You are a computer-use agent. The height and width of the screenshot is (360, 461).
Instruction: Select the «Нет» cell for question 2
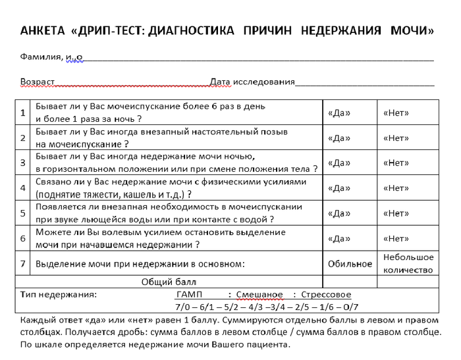pos(396,138)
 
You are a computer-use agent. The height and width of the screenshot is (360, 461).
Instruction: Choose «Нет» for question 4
pos(396,188)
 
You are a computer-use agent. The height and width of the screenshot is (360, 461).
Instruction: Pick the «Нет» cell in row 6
pos(396,238)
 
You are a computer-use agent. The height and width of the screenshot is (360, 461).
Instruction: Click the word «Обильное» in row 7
pos(350,264)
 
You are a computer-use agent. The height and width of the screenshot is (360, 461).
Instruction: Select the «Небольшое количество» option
pos(408,263)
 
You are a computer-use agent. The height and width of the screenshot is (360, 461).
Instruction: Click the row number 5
pos(22,213)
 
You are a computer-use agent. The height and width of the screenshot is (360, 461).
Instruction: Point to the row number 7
pos(22,264)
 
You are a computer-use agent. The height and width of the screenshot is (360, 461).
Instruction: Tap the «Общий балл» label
pos(165,282)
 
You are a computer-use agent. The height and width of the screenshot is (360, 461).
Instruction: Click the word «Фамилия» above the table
pos(41,57)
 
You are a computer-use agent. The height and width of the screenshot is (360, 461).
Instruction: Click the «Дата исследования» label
pos(252,82)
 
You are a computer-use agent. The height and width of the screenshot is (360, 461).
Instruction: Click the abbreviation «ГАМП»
pos(190,294)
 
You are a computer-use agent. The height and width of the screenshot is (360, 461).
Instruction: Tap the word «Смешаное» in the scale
pos(259,294)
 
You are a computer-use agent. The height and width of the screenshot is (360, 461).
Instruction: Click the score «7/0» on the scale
pos(183,307)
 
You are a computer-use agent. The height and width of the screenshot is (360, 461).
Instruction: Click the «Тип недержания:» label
pos(59,294)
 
